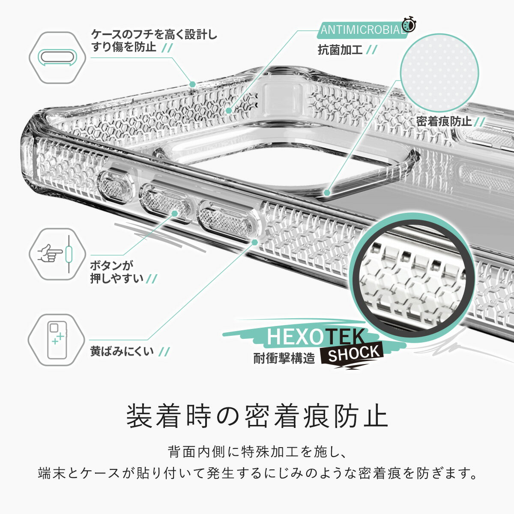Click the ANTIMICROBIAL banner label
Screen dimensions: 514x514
coord(362,30)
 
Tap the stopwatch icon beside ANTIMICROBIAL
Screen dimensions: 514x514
coord(409,24)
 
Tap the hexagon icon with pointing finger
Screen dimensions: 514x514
coord(54,254)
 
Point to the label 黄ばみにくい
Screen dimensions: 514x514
coord(122,351)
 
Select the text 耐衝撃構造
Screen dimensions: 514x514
coord(284,358)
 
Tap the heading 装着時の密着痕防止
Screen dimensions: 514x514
coord(257,416)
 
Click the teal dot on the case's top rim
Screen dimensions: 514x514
coord(192,84)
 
